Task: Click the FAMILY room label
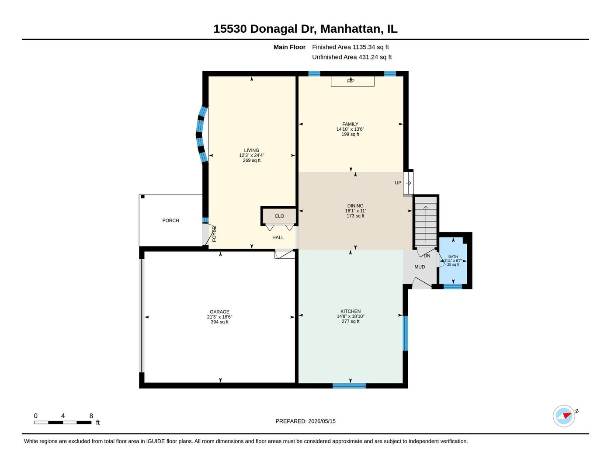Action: [350, 124]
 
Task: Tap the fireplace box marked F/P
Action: [352, 81]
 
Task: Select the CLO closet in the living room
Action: [279, 216]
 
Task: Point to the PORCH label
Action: [171, 220]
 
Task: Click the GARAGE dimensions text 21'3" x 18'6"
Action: [219, 317]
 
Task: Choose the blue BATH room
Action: [453, 260]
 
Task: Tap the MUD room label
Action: [420, 267]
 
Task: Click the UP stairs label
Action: [398, 183]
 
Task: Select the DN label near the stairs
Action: [427, 256]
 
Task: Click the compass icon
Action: [564, 416]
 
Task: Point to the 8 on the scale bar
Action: [91, 416]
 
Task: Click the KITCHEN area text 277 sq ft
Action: [351, 321]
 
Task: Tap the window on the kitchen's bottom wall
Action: [349, 386]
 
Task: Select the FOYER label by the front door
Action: [214, 234]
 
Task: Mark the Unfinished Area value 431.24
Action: [368, 57]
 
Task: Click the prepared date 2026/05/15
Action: [322, 421]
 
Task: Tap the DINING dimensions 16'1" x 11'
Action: [355, 211]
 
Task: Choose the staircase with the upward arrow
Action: [426, 221]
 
